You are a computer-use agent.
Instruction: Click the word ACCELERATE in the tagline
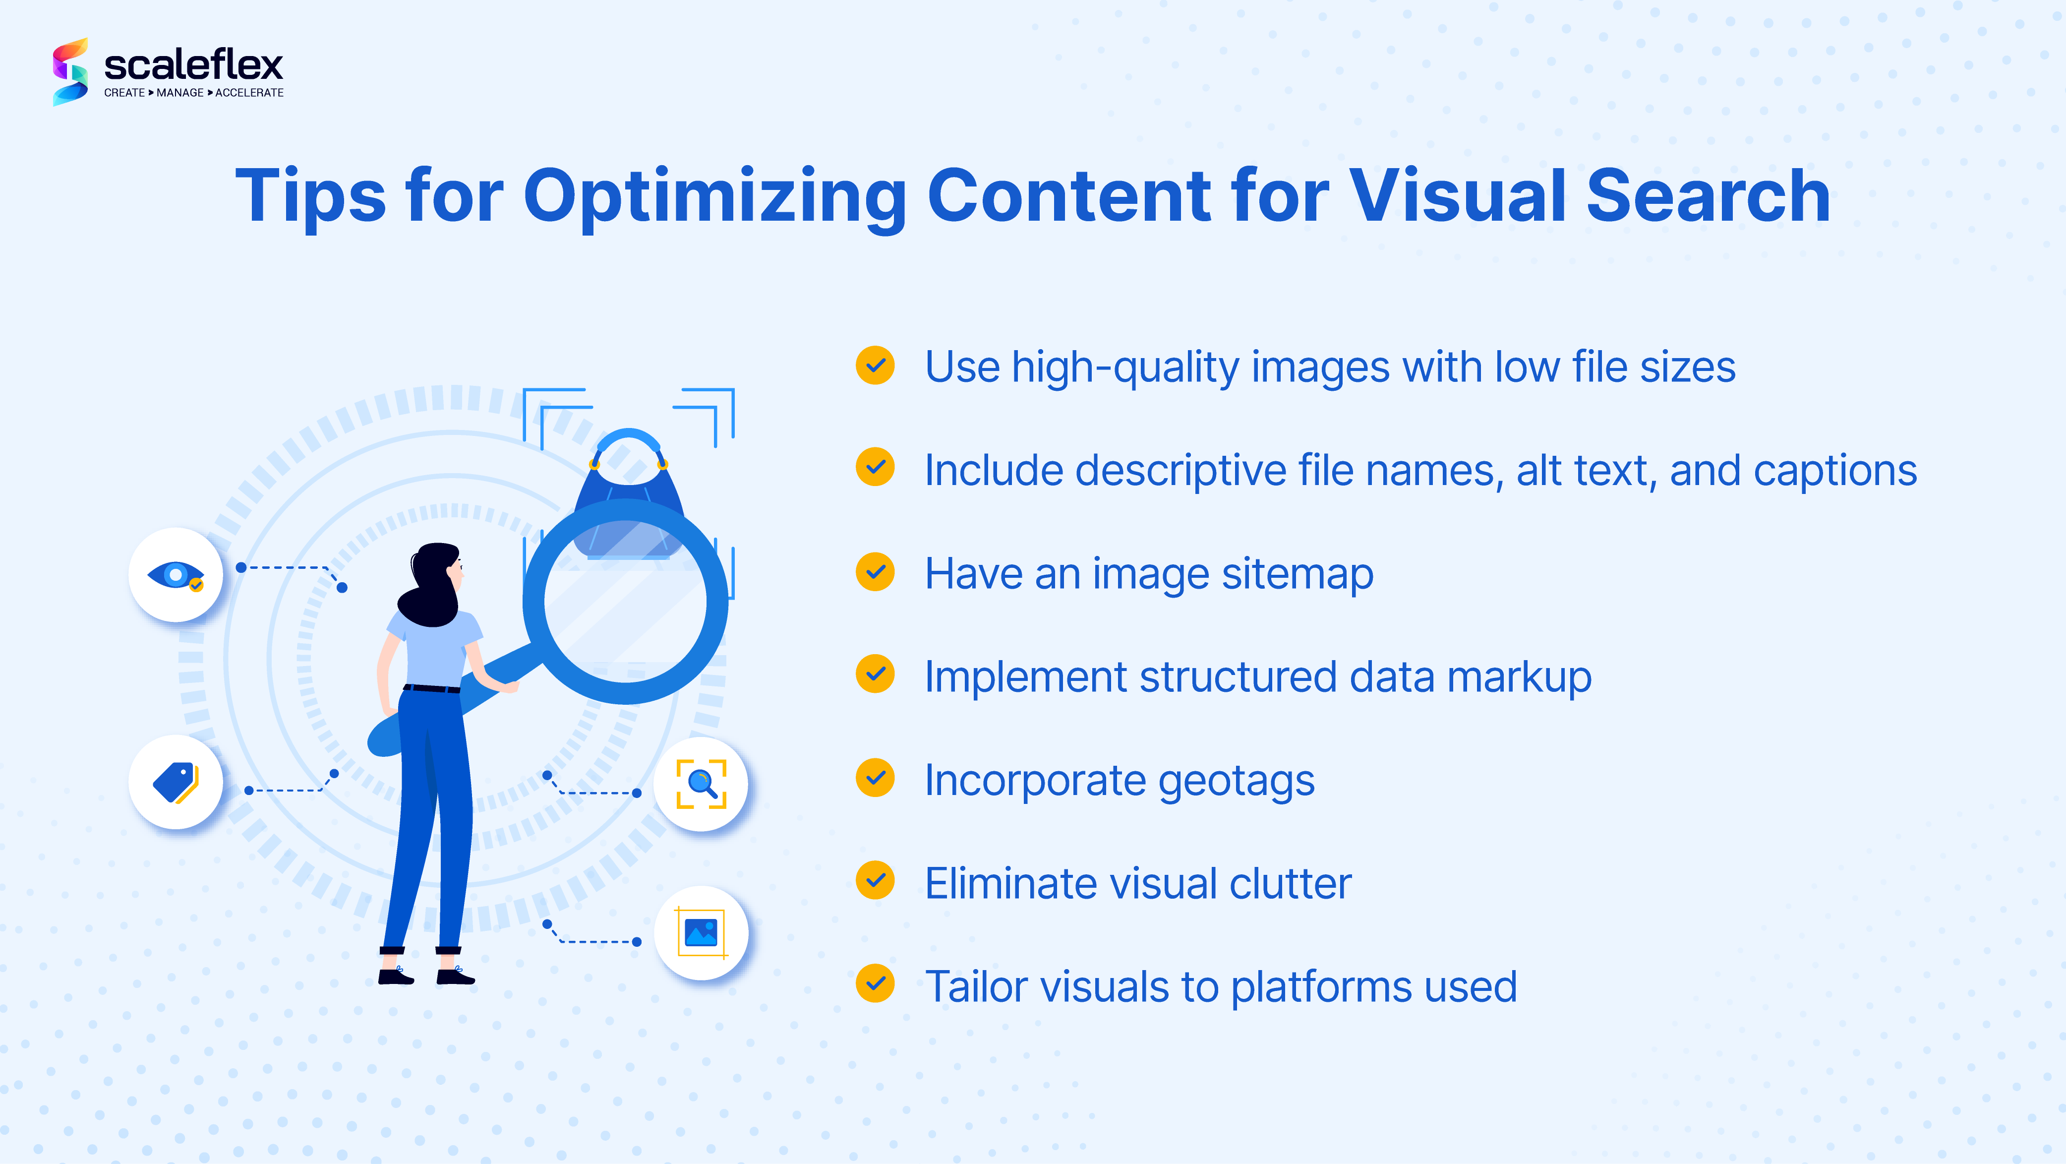[x=249, y=93]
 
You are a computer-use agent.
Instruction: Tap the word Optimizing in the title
[x=714, y=197]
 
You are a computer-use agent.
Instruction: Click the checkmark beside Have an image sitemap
[x=875, y=572]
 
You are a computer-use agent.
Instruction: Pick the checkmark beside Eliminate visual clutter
[x=875, y=881]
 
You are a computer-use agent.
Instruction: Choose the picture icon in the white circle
[x=701, y=933]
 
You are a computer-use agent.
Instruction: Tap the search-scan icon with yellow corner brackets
[x=701, y=784]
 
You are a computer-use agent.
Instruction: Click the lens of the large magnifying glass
[x=626, y=602]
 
